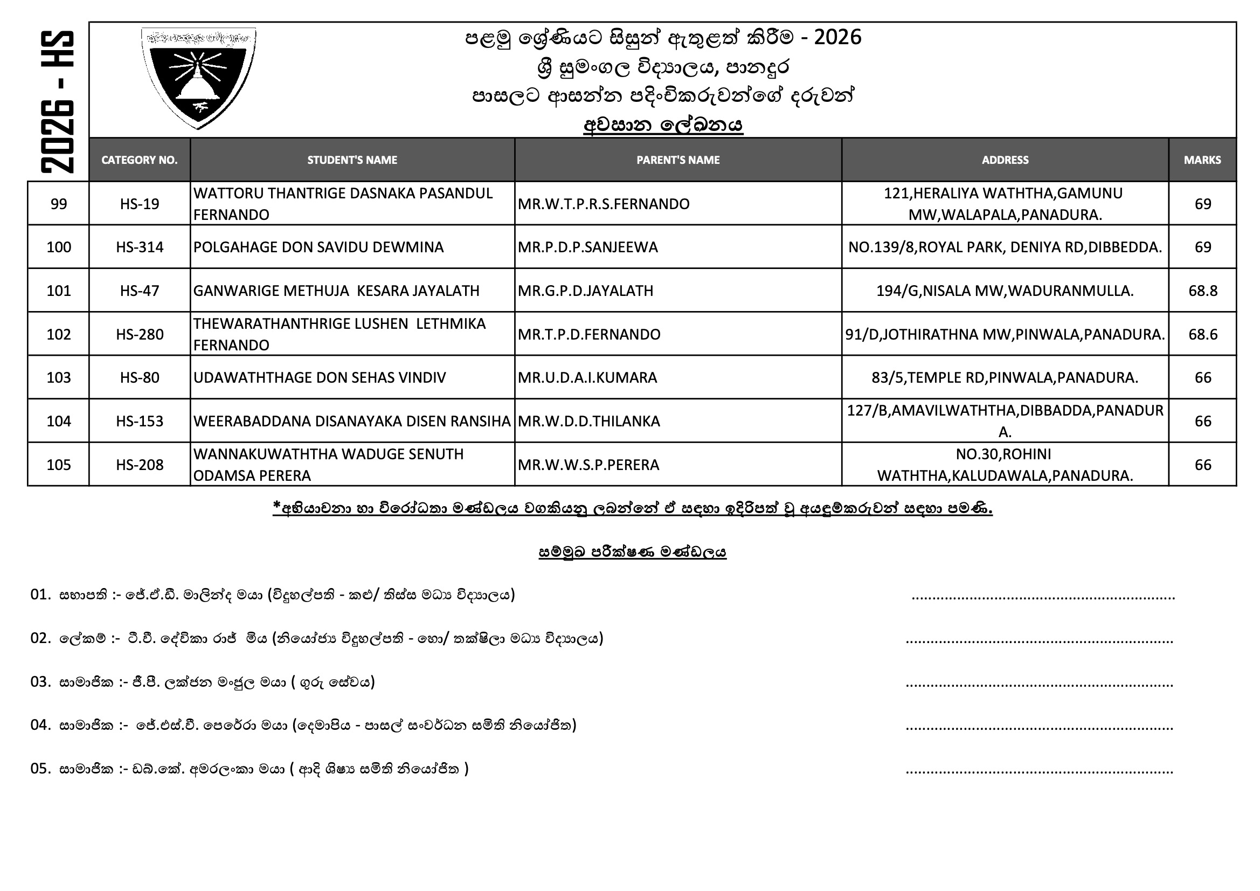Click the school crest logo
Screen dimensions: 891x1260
(199, 78)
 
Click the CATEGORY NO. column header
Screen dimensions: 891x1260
(140, 160)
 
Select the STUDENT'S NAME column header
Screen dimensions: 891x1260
(352, 160)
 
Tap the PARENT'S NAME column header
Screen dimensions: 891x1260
(678, 160)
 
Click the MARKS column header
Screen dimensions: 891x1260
(1202, 160)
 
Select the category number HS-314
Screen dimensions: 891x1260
(140, 247)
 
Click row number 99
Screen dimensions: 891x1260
(59, 204)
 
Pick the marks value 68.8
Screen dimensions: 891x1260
(1202, 291)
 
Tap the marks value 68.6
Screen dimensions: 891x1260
(1202, 334)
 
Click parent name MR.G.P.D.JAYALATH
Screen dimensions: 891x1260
(586, 291)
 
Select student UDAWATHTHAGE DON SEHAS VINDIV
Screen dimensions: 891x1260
(320, 378)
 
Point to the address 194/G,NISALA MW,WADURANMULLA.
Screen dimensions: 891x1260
(1005, 291)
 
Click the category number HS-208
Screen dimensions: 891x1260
(140, 465)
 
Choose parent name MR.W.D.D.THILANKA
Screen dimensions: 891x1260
(589, 421)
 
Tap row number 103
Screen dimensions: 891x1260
(59, 378)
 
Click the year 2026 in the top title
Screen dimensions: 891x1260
(837, 37)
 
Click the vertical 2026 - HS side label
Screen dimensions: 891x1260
(57, 101)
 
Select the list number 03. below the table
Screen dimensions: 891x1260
(40, 682)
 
